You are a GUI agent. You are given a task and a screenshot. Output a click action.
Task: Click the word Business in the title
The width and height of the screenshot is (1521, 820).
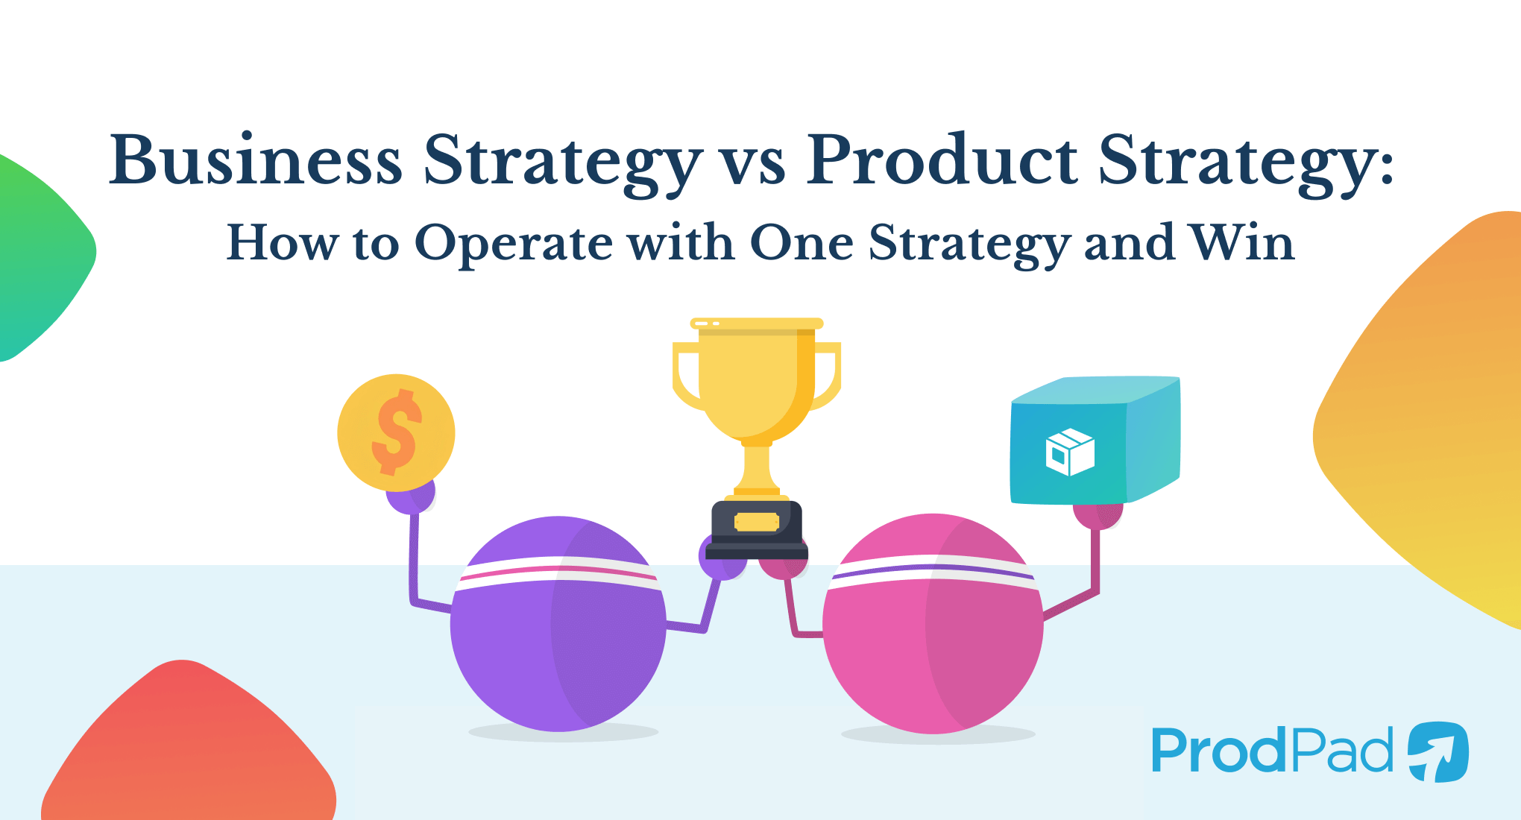click(256, 160)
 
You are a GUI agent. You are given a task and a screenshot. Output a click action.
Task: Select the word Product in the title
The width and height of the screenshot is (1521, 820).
click(942, 160)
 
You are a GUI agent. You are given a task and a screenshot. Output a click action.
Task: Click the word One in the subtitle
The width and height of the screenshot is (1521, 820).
click(802, 242)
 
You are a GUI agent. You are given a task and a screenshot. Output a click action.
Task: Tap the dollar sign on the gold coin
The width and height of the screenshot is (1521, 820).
click(396, 432)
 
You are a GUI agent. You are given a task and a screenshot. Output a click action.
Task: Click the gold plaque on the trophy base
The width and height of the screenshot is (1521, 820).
click(756, 521)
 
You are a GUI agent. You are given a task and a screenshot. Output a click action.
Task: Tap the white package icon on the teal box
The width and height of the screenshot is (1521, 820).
click(1070, 452)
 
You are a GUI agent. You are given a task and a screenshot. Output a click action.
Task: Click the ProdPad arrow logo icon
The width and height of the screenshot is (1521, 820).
click(1438, 751)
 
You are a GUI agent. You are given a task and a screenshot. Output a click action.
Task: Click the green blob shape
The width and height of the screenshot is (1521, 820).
click(37, 253)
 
